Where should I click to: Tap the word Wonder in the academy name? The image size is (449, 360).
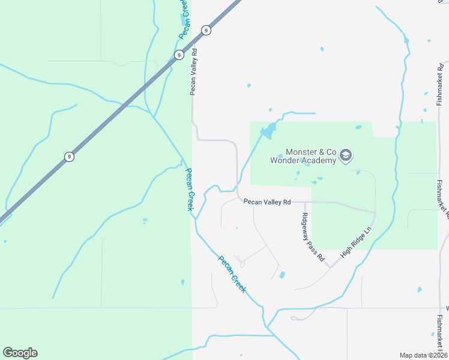coord(285,160)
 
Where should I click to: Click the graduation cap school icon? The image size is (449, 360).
coord(346,156)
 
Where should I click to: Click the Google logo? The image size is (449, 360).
coord(20,353)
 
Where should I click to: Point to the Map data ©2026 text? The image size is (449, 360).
coord(423,355)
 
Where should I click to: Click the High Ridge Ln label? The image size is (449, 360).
coord(357,242)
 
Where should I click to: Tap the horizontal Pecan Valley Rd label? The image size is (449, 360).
coord(267,202)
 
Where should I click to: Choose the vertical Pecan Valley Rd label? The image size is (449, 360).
coord(194,72)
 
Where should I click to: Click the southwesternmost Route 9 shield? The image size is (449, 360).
coord(70,157)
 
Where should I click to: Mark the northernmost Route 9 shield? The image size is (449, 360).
coord(206,30)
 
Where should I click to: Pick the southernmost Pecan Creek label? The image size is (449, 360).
coord(232,274)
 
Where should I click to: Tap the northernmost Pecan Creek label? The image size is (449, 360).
coord(186,19)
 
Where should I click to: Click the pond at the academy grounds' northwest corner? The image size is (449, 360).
coord(269,129)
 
